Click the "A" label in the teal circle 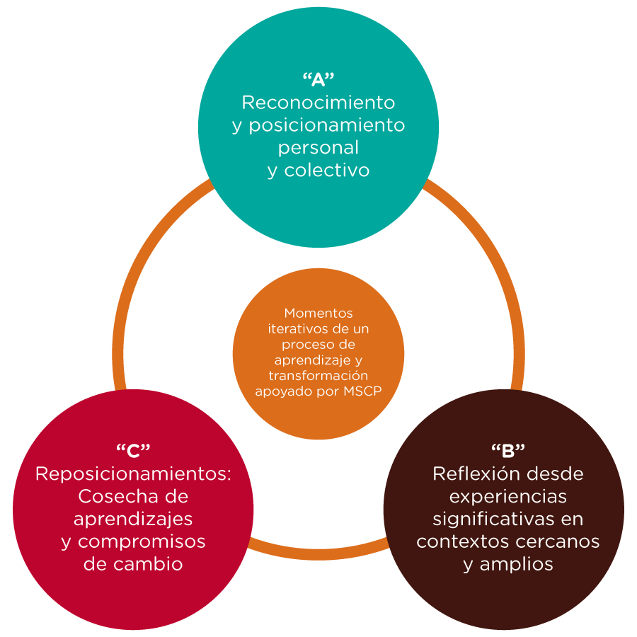click(318, 78)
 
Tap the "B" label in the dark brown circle click(507, 449)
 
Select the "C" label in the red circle click(133, 449)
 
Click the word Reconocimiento click(318, 103)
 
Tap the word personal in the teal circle click(318, 149)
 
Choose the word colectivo click(327, 171)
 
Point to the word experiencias click(507, 495)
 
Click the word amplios click(516, 564)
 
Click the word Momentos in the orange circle click(318, 313)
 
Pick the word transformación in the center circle click(318, 375)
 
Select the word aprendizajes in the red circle click(133, 519)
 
